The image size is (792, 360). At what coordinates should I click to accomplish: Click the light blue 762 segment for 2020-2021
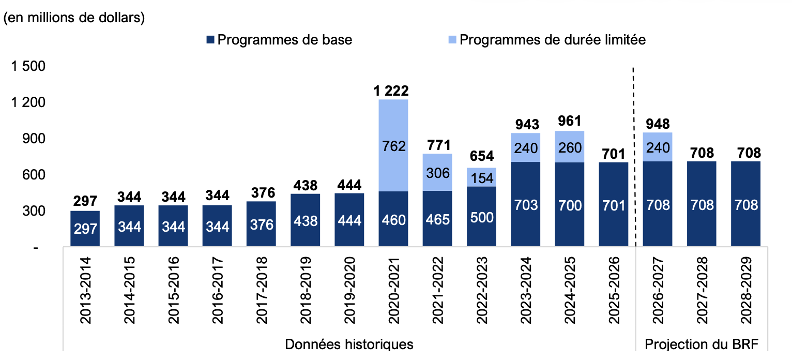tap(393, 145)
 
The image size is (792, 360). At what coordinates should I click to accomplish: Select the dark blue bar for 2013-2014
tap(85, 229)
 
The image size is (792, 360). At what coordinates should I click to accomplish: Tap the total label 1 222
tap(391, 91)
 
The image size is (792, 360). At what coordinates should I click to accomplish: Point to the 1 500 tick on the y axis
tap(28, 66)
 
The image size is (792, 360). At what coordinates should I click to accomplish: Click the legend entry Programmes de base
tap(279, 40)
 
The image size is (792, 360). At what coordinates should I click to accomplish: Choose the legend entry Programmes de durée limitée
tap(547, 40)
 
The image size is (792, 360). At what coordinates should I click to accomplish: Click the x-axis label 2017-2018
tap(262, 290)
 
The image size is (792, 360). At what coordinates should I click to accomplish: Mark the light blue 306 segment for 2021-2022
tap(437, 172)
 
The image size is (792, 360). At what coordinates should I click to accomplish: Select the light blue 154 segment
tap(481, 177)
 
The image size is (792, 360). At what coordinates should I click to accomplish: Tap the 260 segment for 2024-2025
tap(569, 147)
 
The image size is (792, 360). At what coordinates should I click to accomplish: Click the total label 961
tap(570, 121)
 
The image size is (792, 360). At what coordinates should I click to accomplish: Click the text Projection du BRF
tap(702, 344)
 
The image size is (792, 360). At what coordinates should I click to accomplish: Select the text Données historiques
tap(349, 344)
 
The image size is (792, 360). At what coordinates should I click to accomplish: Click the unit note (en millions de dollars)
tap(74, 18)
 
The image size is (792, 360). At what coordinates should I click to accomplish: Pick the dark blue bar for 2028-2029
tap(745, 204)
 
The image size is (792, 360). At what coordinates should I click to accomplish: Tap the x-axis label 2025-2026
tap(614, 290)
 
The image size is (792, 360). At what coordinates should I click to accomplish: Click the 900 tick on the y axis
tap(34, 139)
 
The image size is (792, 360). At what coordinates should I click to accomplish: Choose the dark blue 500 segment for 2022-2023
tap(481, 216)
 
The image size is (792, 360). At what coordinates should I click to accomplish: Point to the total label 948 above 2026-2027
tap(658, 124)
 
